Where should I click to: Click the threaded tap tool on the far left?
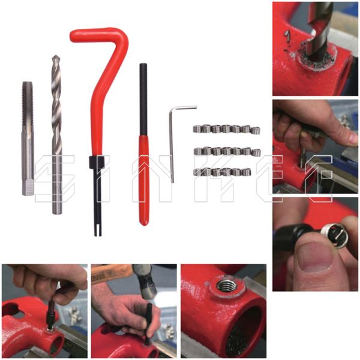(28, 139)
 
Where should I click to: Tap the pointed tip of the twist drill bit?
(55, 56)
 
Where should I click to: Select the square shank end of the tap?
(28, 187)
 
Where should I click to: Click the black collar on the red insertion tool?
(97, 162)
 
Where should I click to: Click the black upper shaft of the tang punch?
(143, 100)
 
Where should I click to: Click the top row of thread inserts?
(226, 129)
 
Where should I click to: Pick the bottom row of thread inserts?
(222, 172)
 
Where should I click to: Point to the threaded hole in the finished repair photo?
(226, 286)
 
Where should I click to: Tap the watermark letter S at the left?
(55, 179)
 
